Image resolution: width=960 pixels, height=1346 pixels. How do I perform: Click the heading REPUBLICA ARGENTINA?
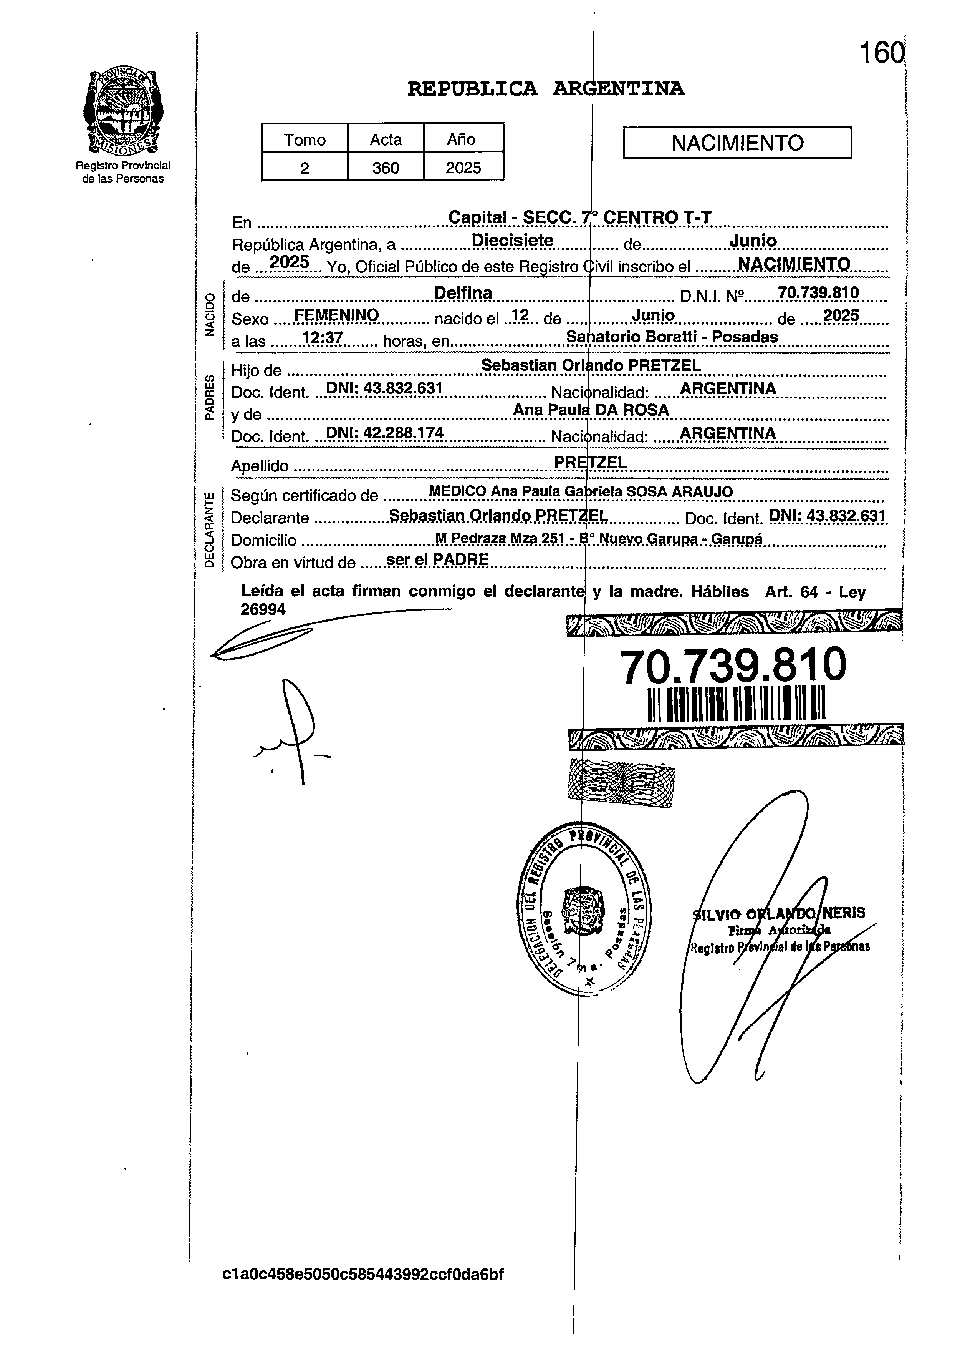tap(546, 89)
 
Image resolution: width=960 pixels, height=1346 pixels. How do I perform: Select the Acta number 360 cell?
tap(386, 168)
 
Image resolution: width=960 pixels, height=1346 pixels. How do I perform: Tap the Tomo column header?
tap(305, 139)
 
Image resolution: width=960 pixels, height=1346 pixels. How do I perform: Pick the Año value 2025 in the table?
tap(463, 168)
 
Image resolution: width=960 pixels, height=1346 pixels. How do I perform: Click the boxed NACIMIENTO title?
tap(737, 143)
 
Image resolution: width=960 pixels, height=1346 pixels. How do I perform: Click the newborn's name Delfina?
tap(463, 293)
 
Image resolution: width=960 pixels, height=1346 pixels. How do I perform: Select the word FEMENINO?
tap(336, 315)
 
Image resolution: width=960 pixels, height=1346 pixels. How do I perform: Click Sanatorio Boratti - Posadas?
tap(672, 337)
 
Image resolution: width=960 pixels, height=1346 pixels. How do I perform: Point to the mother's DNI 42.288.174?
tap(385, 433)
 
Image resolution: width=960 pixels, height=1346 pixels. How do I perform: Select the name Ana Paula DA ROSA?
tap(591, 410)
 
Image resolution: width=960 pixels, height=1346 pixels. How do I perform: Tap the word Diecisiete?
tap(513, 241)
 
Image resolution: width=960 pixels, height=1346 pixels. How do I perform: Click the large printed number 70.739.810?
tap(733, 665)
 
